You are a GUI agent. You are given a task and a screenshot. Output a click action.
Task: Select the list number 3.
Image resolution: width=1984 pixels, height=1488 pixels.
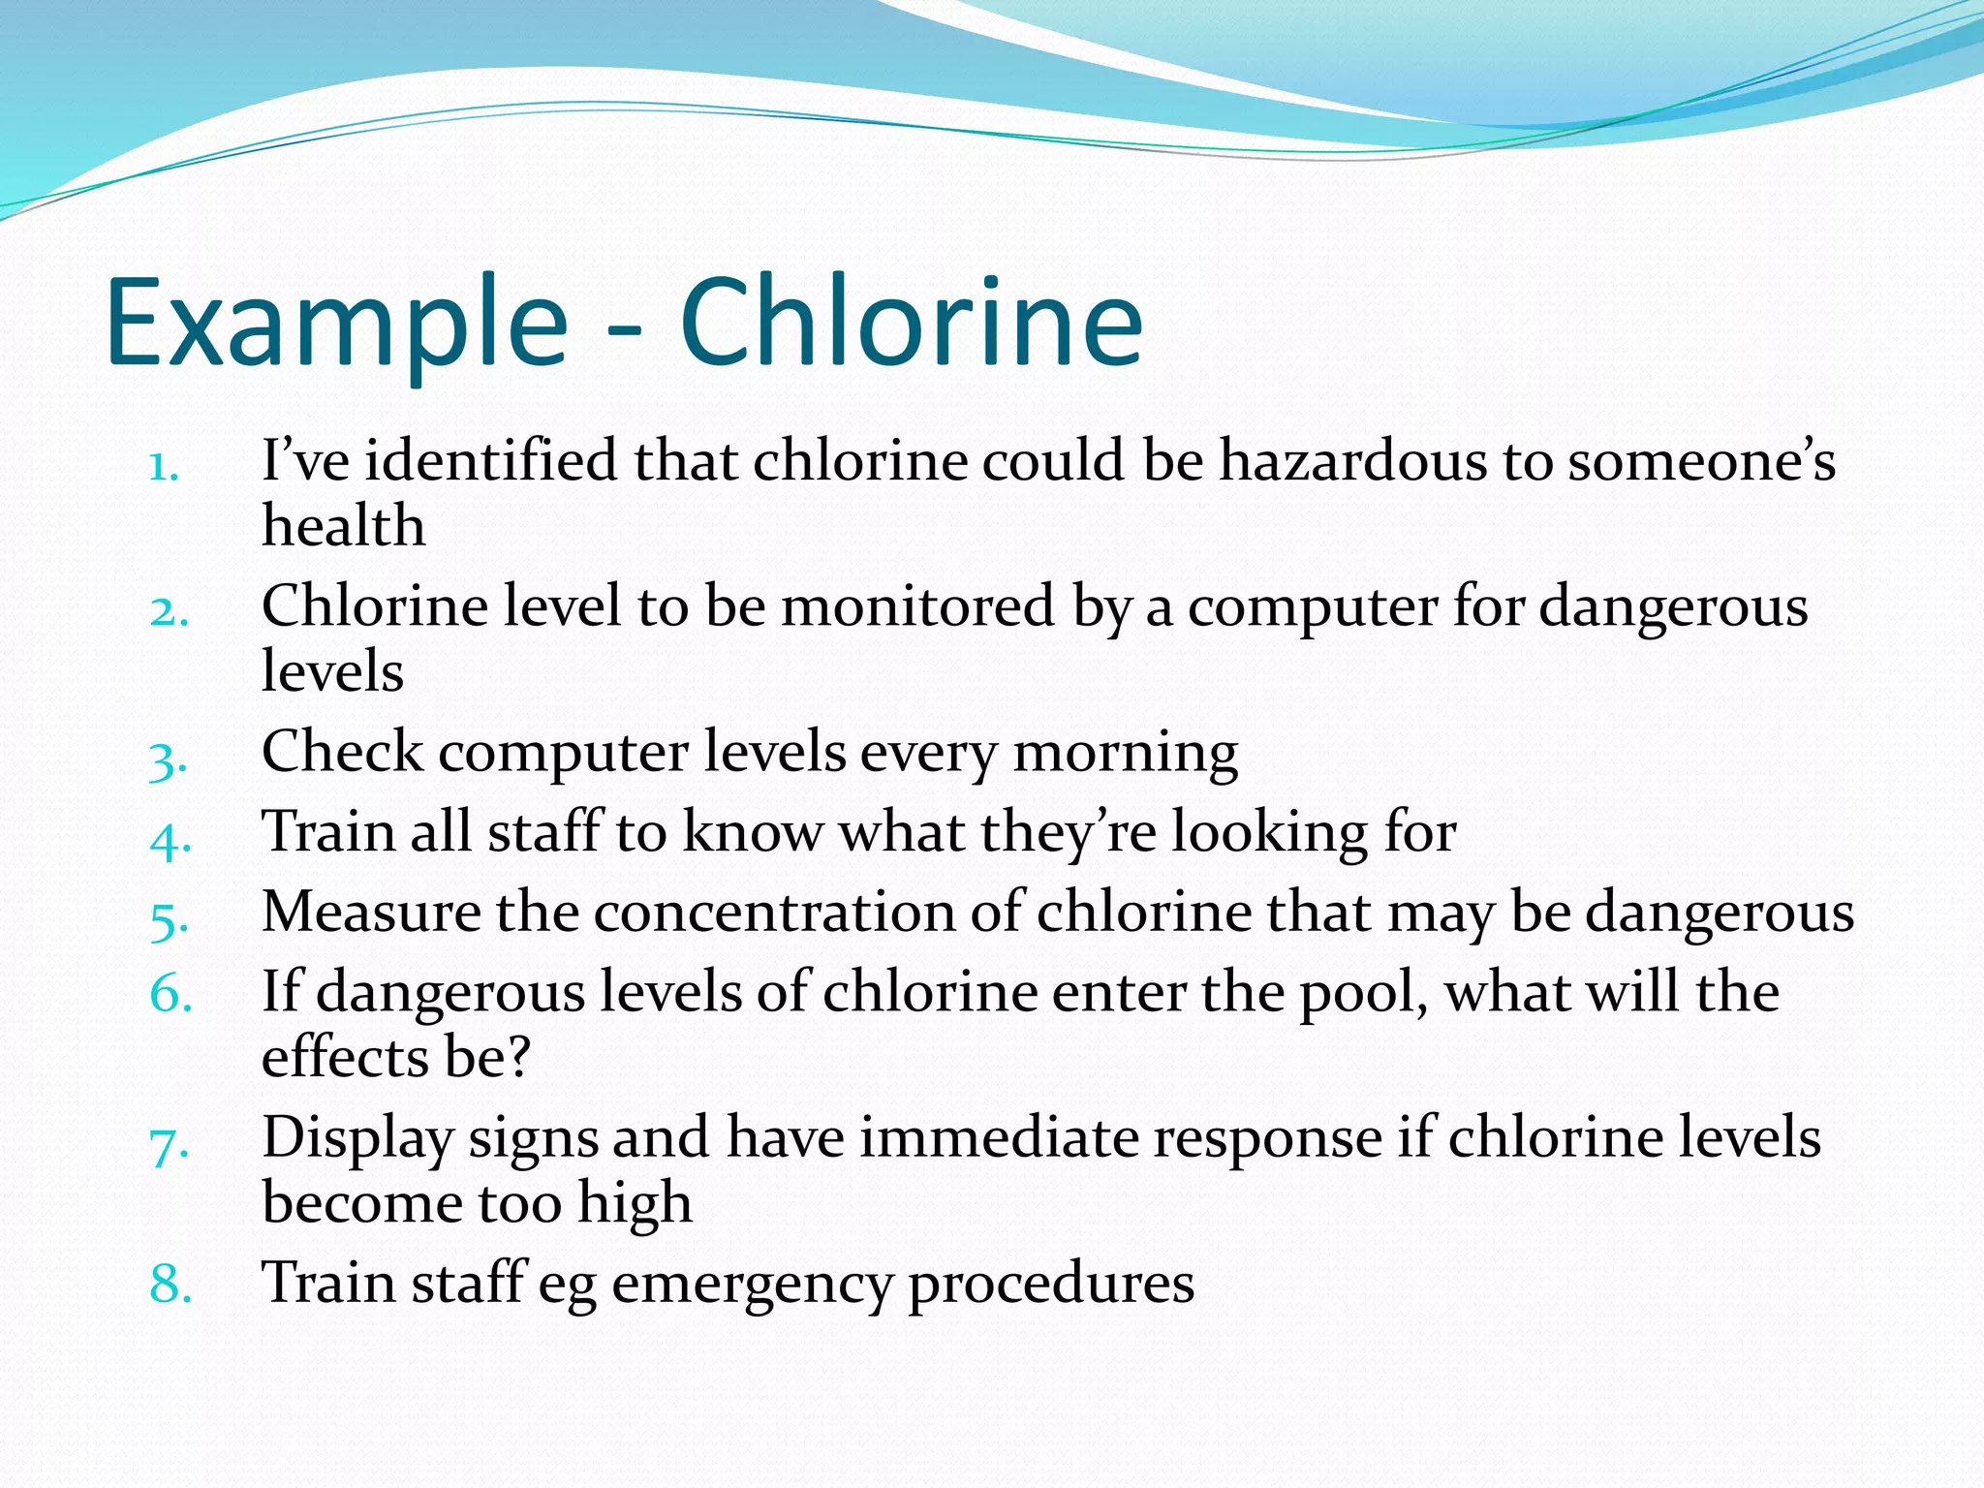click(x=168, y=760)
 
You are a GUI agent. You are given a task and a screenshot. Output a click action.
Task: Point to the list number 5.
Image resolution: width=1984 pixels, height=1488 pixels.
click(x=169, y=920)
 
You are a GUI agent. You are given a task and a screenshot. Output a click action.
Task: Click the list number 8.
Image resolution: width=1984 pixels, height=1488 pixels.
click(x=170, y=1284)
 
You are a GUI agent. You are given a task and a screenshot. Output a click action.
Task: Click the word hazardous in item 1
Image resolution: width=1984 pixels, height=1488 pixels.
click(x=1351, y=460)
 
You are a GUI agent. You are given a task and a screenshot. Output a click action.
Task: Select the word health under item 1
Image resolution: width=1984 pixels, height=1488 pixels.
click(x=344, y=526)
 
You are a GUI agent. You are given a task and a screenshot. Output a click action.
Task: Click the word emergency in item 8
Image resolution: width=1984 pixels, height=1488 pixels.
click(x=752, y=1284)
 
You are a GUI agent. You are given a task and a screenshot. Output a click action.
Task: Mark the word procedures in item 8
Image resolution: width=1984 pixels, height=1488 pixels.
click(x=1050, y=1284)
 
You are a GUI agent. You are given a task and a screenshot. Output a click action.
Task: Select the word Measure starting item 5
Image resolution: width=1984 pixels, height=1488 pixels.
click(x=371, y=913)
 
